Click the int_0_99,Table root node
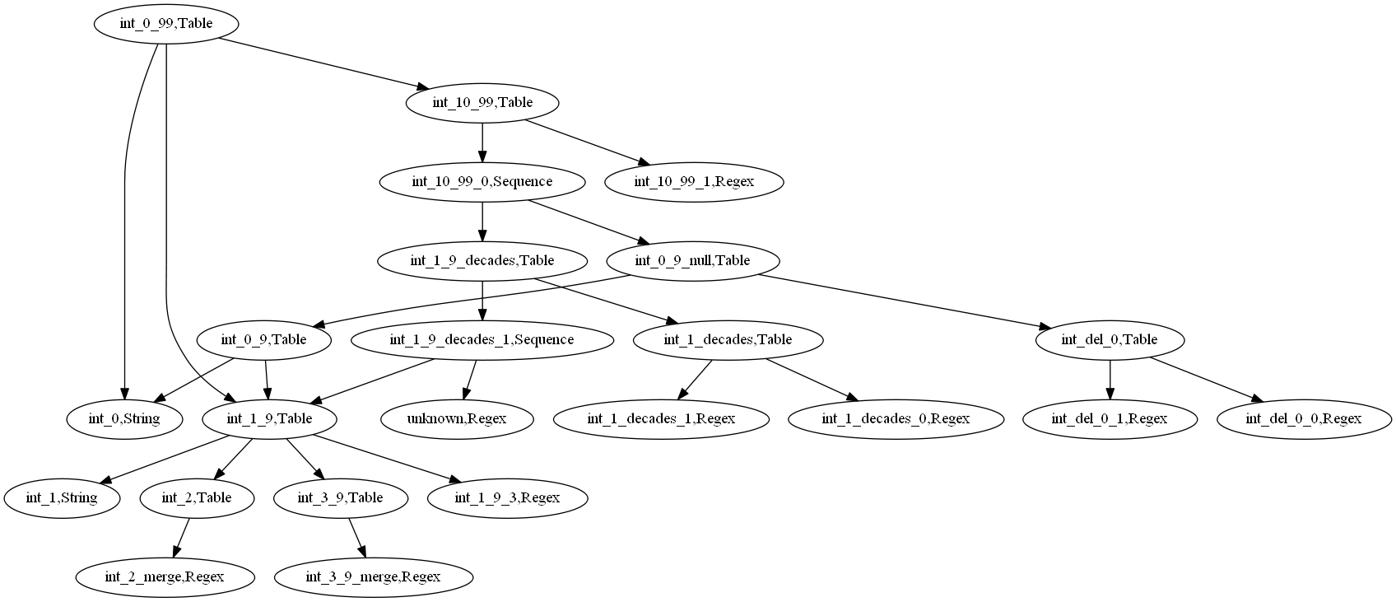(166, 23)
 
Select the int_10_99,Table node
(482, 103)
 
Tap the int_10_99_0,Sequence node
(482, 181)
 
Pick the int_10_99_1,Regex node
(694, 181)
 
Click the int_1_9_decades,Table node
(482, 260)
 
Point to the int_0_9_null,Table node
(692, 260)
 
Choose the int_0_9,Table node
(264, 339)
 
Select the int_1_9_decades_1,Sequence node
(482, 339)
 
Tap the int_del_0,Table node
(1110, 339)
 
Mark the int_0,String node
(124, 418)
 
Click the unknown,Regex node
(458, 418)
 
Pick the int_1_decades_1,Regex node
(661, 418)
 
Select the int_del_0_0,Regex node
(1303, 418)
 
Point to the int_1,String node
(62, 497)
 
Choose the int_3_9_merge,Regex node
(373, 576)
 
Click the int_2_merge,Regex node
(165, 576)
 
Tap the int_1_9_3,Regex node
(507, 497)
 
